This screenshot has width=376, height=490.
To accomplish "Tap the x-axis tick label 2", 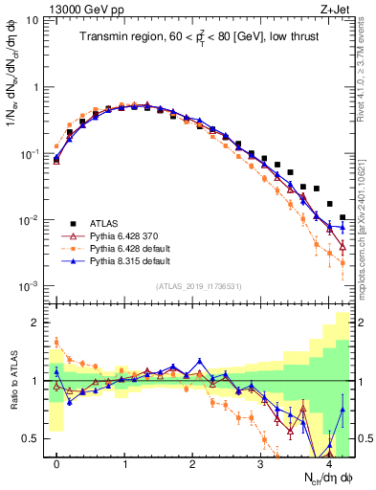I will pyautogui.click(x=193, y=463).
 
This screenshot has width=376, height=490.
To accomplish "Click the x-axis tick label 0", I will pyautogui.click(x=56, y=463).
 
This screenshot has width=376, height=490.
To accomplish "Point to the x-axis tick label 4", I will pyautogui.click(x=328, y=463).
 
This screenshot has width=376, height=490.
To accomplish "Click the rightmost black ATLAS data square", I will pyautogui.click(x=343, y=218).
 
